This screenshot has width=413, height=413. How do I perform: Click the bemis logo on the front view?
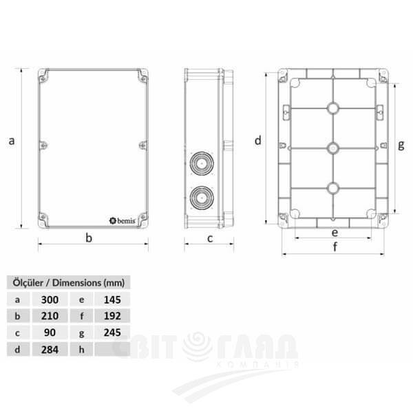click(x=125, y=220)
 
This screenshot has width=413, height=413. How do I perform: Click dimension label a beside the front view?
click(x=11, y=141)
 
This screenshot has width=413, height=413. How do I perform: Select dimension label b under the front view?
click(x=89, y=238)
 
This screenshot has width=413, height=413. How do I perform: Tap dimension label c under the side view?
click(x=210, y=238)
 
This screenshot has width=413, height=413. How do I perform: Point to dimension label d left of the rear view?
click(x=257, y=141)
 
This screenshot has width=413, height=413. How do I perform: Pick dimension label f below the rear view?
click(x=335, y=247)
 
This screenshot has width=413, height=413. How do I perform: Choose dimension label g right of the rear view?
click(x=401, y=145)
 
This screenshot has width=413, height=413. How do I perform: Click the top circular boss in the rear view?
click(x=332, y=108)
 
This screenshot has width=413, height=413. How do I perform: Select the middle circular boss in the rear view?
click(x=332, y=148)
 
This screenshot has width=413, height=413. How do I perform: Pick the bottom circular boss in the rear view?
click(x=332, y=188)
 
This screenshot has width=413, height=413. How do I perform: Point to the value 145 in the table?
click(x=112, y=299)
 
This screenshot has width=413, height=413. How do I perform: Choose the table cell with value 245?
click(x=112, y=332)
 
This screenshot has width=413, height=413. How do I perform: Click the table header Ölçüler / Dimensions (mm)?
click(x=67, y=282)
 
